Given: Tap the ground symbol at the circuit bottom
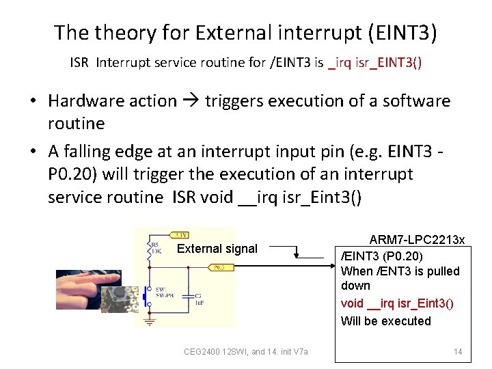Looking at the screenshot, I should tap(149, 320).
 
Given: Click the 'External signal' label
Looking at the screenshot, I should tap(217, 249).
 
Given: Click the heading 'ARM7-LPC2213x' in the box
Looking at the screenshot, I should tap(417, 239).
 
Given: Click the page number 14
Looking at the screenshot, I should tap(458, 352).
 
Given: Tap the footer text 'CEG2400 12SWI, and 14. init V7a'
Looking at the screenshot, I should tap(246, 352).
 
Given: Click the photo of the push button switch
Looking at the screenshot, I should tap(118, 299).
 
